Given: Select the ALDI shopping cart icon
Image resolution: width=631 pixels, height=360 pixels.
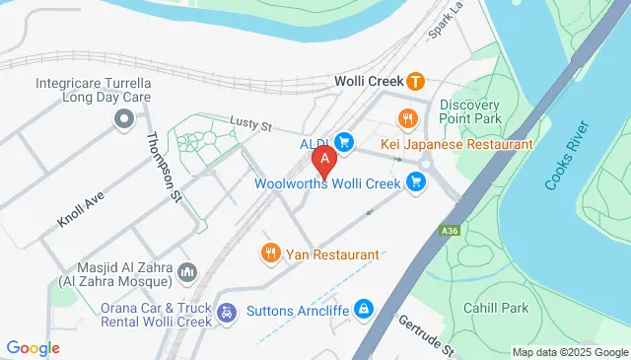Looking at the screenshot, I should tap(344, 142).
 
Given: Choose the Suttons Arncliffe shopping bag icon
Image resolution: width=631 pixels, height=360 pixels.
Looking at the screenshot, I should tap(364, 310).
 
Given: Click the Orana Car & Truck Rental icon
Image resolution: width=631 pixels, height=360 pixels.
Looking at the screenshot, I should tap(226, 313).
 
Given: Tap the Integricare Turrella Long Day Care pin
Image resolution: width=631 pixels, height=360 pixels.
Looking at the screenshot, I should tap(124, 121).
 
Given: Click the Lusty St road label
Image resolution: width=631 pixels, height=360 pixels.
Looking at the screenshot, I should tap(250, 124).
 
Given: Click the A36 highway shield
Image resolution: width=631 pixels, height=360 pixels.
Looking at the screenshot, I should tap(450, 231).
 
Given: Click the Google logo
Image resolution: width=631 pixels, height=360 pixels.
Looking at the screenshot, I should tap(33, 348).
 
